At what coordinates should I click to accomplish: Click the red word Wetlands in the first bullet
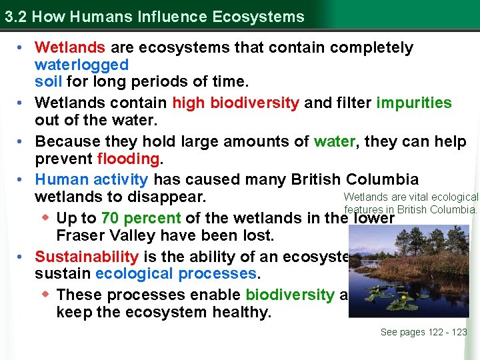(x=70, y=48)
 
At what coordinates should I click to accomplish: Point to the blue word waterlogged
(x=81, y=65)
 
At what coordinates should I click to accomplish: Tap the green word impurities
(x=414, y=103)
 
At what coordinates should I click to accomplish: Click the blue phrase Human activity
(x=91, y=179)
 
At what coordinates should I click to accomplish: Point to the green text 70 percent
(x=141, y=218)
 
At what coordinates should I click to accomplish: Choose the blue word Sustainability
(x=87, y=257)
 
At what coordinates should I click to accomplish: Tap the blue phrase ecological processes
(x=176, y=274)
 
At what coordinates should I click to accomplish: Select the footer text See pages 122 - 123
(x=423, y=332)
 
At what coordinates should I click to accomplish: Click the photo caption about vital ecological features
(x=411, y=203)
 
